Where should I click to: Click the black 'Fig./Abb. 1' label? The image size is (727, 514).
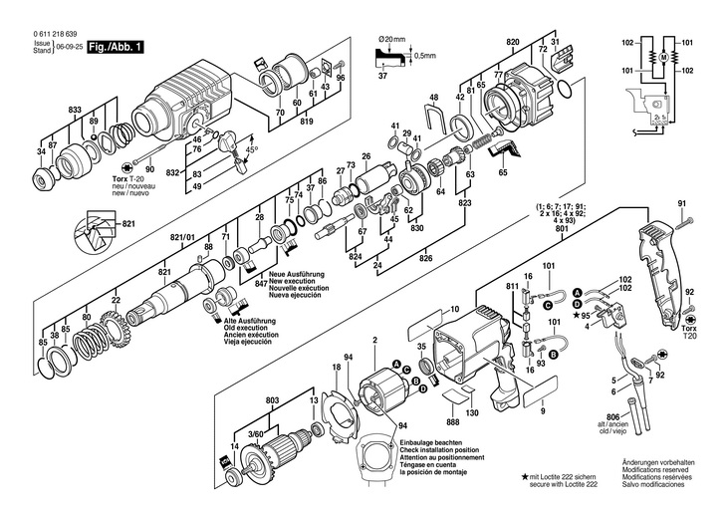coord(116,46)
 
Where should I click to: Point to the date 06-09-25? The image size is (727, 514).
coord(68,47)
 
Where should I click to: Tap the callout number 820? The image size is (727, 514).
coord(513,41)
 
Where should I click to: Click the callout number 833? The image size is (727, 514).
coord(76,107)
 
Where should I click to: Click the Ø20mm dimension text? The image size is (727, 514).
coord(393,39)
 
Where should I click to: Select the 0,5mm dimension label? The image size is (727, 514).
coord(425,55)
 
